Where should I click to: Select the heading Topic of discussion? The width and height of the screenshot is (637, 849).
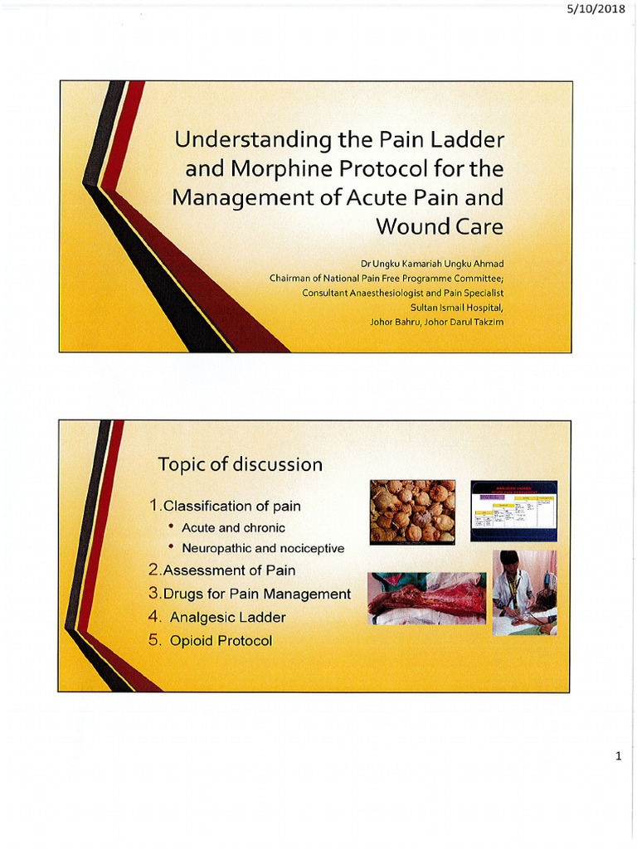pos(240,464)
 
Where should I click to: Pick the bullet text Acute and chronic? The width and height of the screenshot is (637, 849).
pos(233,527)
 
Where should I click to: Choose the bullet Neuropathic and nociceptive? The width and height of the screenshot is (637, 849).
pos(262,548)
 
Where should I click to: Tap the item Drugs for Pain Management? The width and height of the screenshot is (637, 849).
pos(250,594)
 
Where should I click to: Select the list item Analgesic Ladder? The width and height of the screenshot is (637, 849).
pos(227,617)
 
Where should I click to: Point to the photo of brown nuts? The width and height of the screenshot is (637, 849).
pos(412,511)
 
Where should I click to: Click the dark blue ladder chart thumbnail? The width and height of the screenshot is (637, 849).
pos(513,511)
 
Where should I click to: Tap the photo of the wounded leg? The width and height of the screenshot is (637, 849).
pos(426,599)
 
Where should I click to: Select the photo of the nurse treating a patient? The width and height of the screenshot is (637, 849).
pos(524,593)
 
